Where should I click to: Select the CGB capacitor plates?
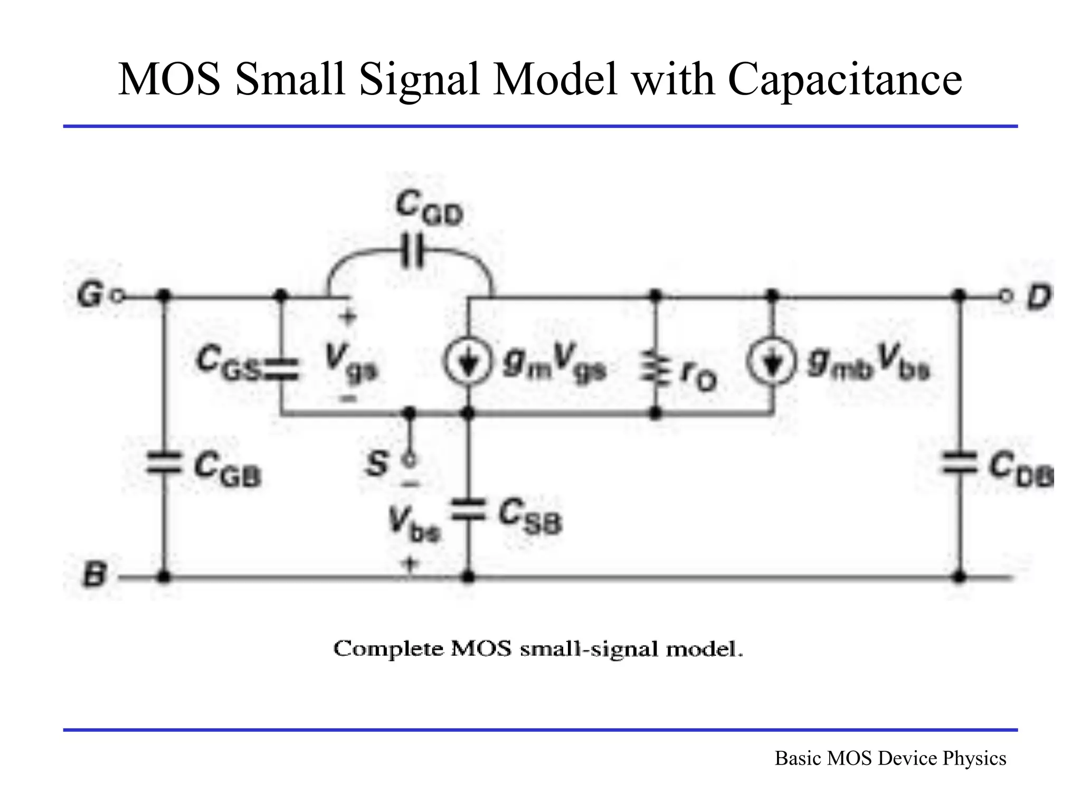point(164,463)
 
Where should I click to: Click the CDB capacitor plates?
point(960,463)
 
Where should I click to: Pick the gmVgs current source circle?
point(468,362)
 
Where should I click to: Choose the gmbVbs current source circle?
point(772,362)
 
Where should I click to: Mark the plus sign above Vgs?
point(348,317)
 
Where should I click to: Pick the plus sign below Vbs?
point(411,564)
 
